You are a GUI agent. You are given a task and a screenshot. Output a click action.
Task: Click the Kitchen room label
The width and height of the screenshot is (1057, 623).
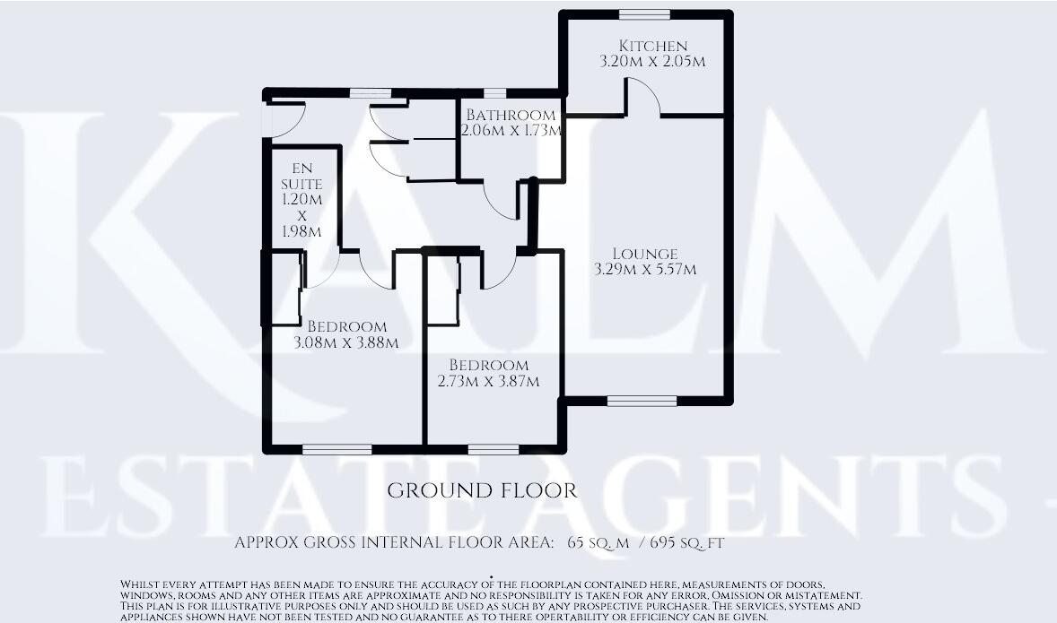coord(653,46)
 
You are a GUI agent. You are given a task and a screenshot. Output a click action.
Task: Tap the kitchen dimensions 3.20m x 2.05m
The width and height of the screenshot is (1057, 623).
coord(653,62)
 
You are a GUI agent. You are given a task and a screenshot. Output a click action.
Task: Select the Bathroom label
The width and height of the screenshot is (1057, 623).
coord(511,115)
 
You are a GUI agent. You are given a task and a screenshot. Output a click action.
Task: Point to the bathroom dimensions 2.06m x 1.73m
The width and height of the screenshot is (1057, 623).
coord(511,131)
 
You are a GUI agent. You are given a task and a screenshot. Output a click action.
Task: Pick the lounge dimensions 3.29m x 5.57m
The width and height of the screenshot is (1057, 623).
coord(645,269)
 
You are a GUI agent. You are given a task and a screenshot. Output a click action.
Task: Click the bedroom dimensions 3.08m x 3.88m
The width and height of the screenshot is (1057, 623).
coord(346,342)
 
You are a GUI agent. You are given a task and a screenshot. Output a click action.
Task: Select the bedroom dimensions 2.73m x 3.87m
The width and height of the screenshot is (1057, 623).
coord(488,382)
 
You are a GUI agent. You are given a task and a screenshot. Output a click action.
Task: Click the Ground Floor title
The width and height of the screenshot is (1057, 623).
coord(481,491)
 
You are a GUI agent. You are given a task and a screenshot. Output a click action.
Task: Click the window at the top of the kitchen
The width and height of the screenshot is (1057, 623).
coord(644,14)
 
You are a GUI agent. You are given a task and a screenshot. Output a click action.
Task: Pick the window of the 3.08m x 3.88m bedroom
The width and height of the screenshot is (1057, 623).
coord(336,449)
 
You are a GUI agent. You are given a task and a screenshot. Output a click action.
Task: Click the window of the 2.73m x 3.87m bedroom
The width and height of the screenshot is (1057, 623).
coord(493,449)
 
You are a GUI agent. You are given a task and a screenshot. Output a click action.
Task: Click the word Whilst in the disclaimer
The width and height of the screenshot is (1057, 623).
coord(141,584)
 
